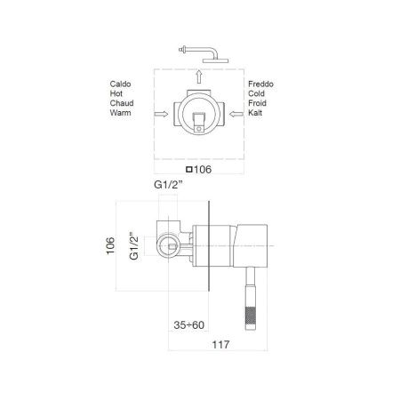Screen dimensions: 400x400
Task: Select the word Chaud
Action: point(122,104)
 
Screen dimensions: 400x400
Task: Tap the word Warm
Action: point(120,114)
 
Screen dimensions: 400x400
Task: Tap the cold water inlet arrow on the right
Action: point(233,114)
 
